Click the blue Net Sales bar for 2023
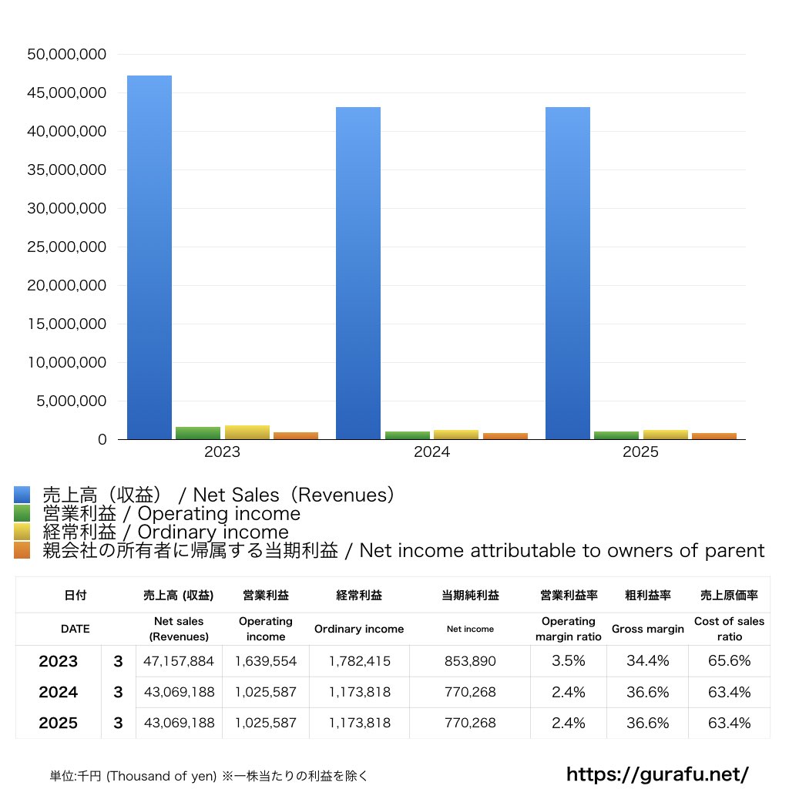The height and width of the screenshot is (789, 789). (x=149, y=257)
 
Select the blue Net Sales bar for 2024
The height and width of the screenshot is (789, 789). (x=358, y=273)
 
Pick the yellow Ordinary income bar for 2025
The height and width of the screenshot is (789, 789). (x=666, y=435)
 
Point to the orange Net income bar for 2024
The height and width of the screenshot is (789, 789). (x=505, y=436)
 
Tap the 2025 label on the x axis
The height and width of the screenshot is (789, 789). (x=640, y=452)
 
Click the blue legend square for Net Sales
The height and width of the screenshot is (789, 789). (x=22, y=495)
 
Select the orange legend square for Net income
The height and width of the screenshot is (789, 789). (x=22, y=551)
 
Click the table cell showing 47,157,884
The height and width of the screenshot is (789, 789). (x=179, y=661)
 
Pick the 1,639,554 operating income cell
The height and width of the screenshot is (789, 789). (x=266, y=661)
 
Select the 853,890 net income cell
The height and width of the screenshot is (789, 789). (x=470, y=661)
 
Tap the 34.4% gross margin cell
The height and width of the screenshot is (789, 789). (x=647, y=661)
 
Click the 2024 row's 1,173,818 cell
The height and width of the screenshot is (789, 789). (x=359, y=692)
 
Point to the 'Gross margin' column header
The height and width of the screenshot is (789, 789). (x=647, y=629)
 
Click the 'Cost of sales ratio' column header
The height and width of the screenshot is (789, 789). (x=729, y=629)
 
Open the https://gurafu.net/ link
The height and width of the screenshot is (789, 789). (x=657, y=774)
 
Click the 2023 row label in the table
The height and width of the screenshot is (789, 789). (x=59, y=661)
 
